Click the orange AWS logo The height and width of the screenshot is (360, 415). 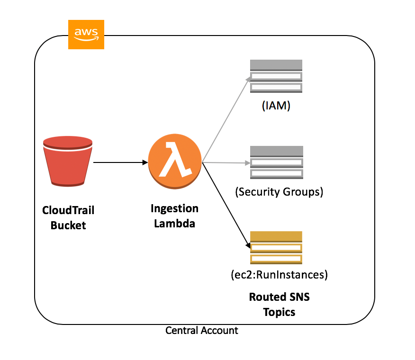coord(86,35)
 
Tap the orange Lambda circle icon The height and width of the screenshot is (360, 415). coord(175,162)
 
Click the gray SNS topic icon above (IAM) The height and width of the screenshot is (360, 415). coord(276,76)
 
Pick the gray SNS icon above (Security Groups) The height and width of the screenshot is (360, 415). coord(276,162)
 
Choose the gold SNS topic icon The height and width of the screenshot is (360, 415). coord(276,247)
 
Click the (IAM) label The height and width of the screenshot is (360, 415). coord(276,107)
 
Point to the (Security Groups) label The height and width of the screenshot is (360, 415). coord(279,192)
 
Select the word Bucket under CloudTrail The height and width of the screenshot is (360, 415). coord(68,225)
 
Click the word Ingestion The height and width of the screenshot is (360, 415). coord(174,208)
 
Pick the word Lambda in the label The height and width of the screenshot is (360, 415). coord(174,224)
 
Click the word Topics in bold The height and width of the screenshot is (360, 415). coord(279,312)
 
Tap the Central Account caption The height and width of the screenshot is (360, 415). coord(202,331)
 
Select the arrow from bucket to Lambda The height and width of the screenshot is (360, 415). coord(121,162)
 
